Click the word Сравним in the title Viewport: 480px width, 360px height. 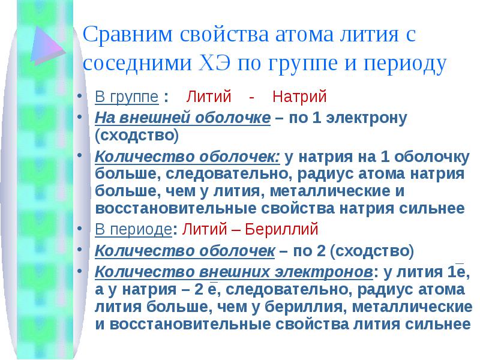point(128,34)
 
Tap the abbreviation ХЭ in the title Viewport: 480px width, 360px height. point(214,63)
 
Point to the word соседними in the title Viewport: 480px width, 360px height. point(137,64)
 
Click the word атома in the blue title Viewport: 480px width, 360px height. point(304,35)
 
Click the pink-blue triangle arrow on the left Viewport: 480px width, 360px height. point(48,46)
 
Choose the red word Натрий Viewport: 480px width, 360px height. point(299,97)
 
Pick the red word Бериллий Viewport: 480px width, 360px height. point(281,229)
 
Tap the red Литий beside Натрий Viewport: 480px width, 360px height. point(208,97)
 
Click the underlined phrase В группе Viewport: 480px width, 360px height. point(127,97)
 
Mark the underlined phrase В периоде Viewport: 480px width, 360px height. point(133,230)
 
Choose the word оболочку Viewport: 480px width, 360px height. point(431,157)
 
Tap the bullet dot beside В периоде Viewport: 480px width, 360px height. point(80,229)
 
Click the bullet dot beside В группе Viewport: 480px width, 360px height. point(80,96)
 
